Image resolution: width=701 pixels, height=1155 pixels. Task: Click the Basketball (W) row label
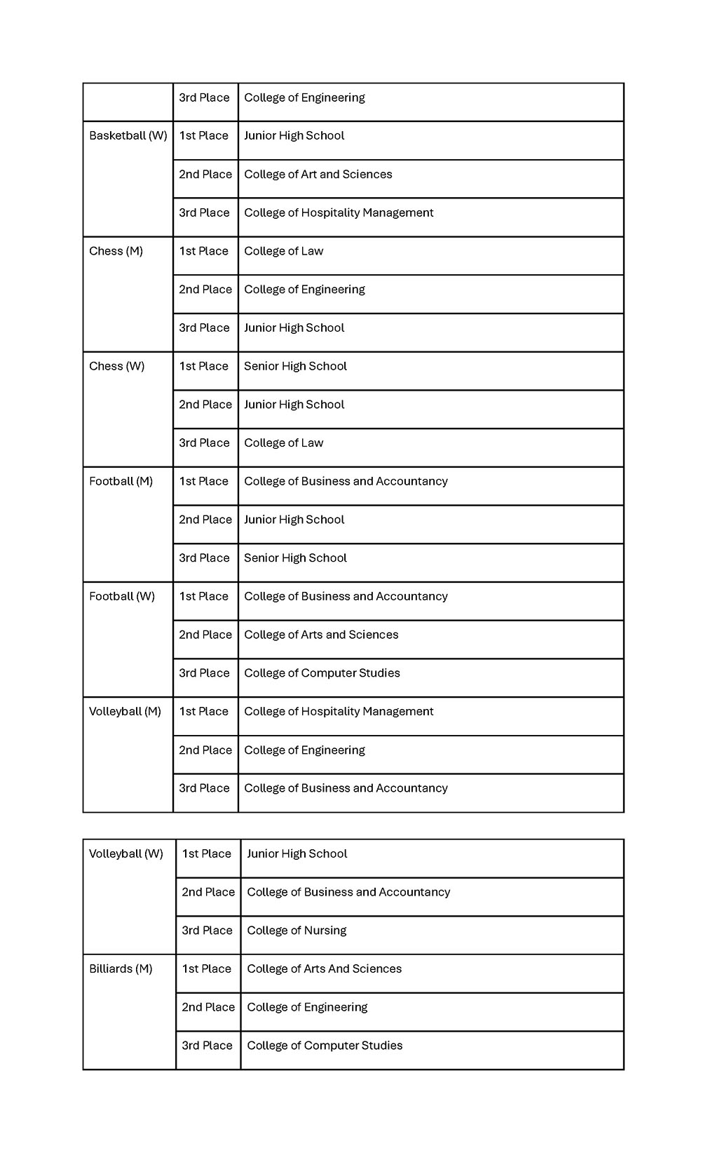(128, 136)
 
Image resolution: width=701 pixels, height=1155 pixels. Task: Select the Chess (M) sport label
(116, 251)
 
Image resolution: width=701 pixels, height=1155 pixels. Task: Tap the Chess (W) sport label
(116, 366)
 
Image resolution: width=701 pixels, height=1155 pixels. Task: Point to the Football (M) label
(121, 481)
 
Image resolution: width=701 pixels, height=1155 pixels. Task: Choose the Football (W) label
(121, 596)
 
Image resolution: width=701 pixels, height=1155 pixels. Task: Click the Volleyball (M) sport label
(125, 711)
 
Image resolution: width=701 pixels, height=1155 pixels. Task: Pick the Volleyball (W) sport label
(125, 853)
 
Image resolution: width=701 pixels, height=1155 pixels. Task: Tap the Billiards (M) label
(121, 968)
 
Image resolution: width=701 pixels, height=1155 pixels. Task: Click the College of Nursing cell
(297, 931)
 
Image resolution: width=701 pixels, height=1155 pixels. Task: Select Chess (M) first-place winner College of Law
(283, 251)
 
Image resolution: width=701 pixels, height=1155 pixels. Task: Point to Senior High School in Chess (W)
(295, 366)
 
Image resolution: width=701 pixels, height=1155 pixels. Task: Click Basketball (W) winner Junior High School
(294, 136)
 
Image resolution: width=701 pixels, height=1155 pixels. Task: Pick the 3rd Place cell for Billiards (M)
(207, 1046)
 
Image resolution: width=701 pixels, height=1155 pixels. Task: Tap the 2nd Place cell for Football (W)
(205, 635)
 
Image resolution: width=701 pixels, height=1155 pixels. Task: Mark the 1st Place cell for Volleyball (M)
(203, 711)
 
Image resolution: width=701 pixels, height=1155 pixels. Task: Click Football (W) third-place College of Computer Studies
(322, 673)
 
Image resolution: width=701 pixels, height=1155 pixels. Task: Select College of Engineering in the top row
(304, 97)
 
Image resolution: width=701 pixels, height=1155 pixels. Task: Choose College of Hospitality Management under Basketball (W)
(339, 212)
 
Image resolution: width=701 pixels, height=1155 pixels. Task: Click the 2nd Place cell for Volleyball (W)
(208, 892)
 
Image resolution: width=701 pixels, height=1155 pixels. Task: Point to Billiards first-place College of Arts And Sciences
(324, 968)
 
